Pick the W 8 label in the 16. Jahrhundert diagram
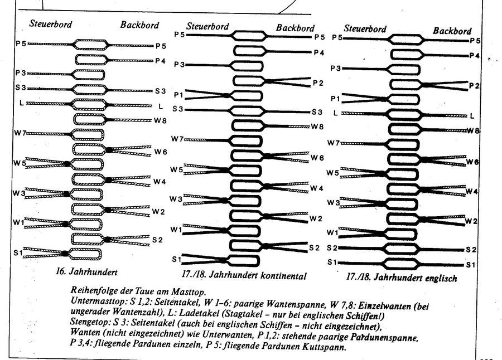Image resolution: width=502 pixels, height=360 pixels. pos(161,120)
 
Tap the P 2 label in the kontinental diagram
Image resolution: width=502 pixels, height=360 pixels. pos(318,83)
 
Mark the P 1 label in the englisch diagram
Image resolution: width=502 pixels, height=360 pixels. pos(335,98)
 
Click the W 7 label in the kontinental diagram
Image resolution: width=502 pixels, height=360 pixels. pos(177,138)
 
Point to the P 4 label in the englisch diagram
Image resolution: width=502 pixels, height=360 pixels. pos(474,56)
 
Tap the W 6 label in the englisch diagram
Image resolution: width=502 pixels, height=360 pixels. pos(472,162)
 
